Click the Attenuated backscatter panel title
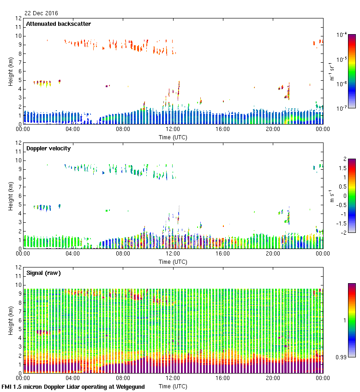tap(58, 24)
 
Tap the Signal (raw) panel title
tap(43, 273)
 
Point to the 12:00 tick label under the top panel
tap(173, 129)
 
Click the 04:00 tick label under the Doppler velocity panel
tap(73, 253)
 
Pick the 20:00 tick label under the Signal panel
tap(273, 378)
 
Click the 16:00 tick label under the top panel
tap(223, 129)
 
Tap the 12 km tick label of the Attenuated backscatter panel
tap(19, 18)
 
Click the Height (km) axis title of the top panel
tap(11, 71)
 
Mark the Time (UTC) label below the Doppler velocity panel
tap(173, 261)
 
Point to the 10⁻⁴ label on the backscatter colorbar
tap(342, 35)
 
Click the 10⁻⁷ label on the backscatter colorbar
tap(342, 109)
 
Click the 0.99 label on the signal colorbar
tap(342, 357)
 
